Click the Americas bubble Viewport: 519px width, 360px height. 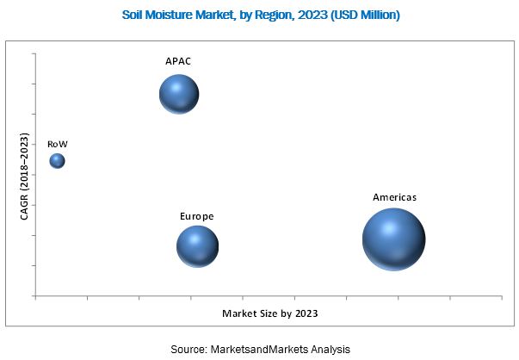point(393,239)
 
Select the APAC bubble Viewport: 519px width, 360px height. point(179,94)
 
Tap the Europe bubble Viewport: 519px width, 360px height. point(197,246)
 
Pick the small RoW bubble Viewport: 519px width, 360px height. point(57,161)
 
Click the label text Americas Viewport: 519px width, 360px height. point(394,197)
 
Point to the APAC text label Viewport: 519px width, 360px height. point(178,62)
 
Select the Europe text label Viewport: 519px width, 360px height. point(196,215)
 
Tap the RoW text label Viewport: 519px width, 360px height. point(57,144)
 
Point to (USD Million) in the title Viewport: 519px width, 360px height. point(368,16)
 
